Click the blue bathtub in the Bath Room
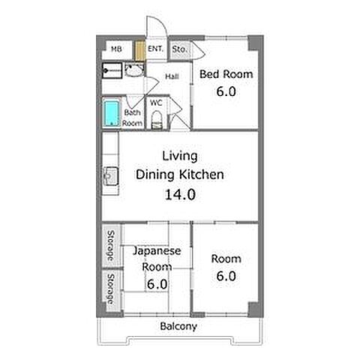[x=111, y=113]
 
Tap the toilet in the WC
[x=157, y=120]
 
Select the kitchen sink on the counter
[x=111, y=176]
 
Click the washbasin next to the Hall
[x=134, y=70]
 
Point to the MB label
[x=116, y=49]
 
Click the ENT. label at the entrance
[x=155, y=49]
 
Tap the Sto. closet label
[x=179, y=49]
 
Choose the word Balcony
[x=178, y=326]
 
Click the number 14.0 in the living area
[x=180, y=194]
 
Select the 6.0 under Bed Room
[x=226, y=91]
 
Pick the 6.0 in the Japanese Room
[x=157, y=284]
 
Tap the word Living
[x=180, y=156]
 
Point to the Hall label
[x=172, y=76]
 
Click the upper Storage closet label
[x=110, y=245]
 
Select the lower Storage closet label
[x=110, y=289]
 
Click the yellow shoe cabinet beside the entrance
[x=140, y=50]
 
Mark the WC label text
[x=156, y=103]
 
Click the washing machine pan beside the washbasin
[x=112, y=70]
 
